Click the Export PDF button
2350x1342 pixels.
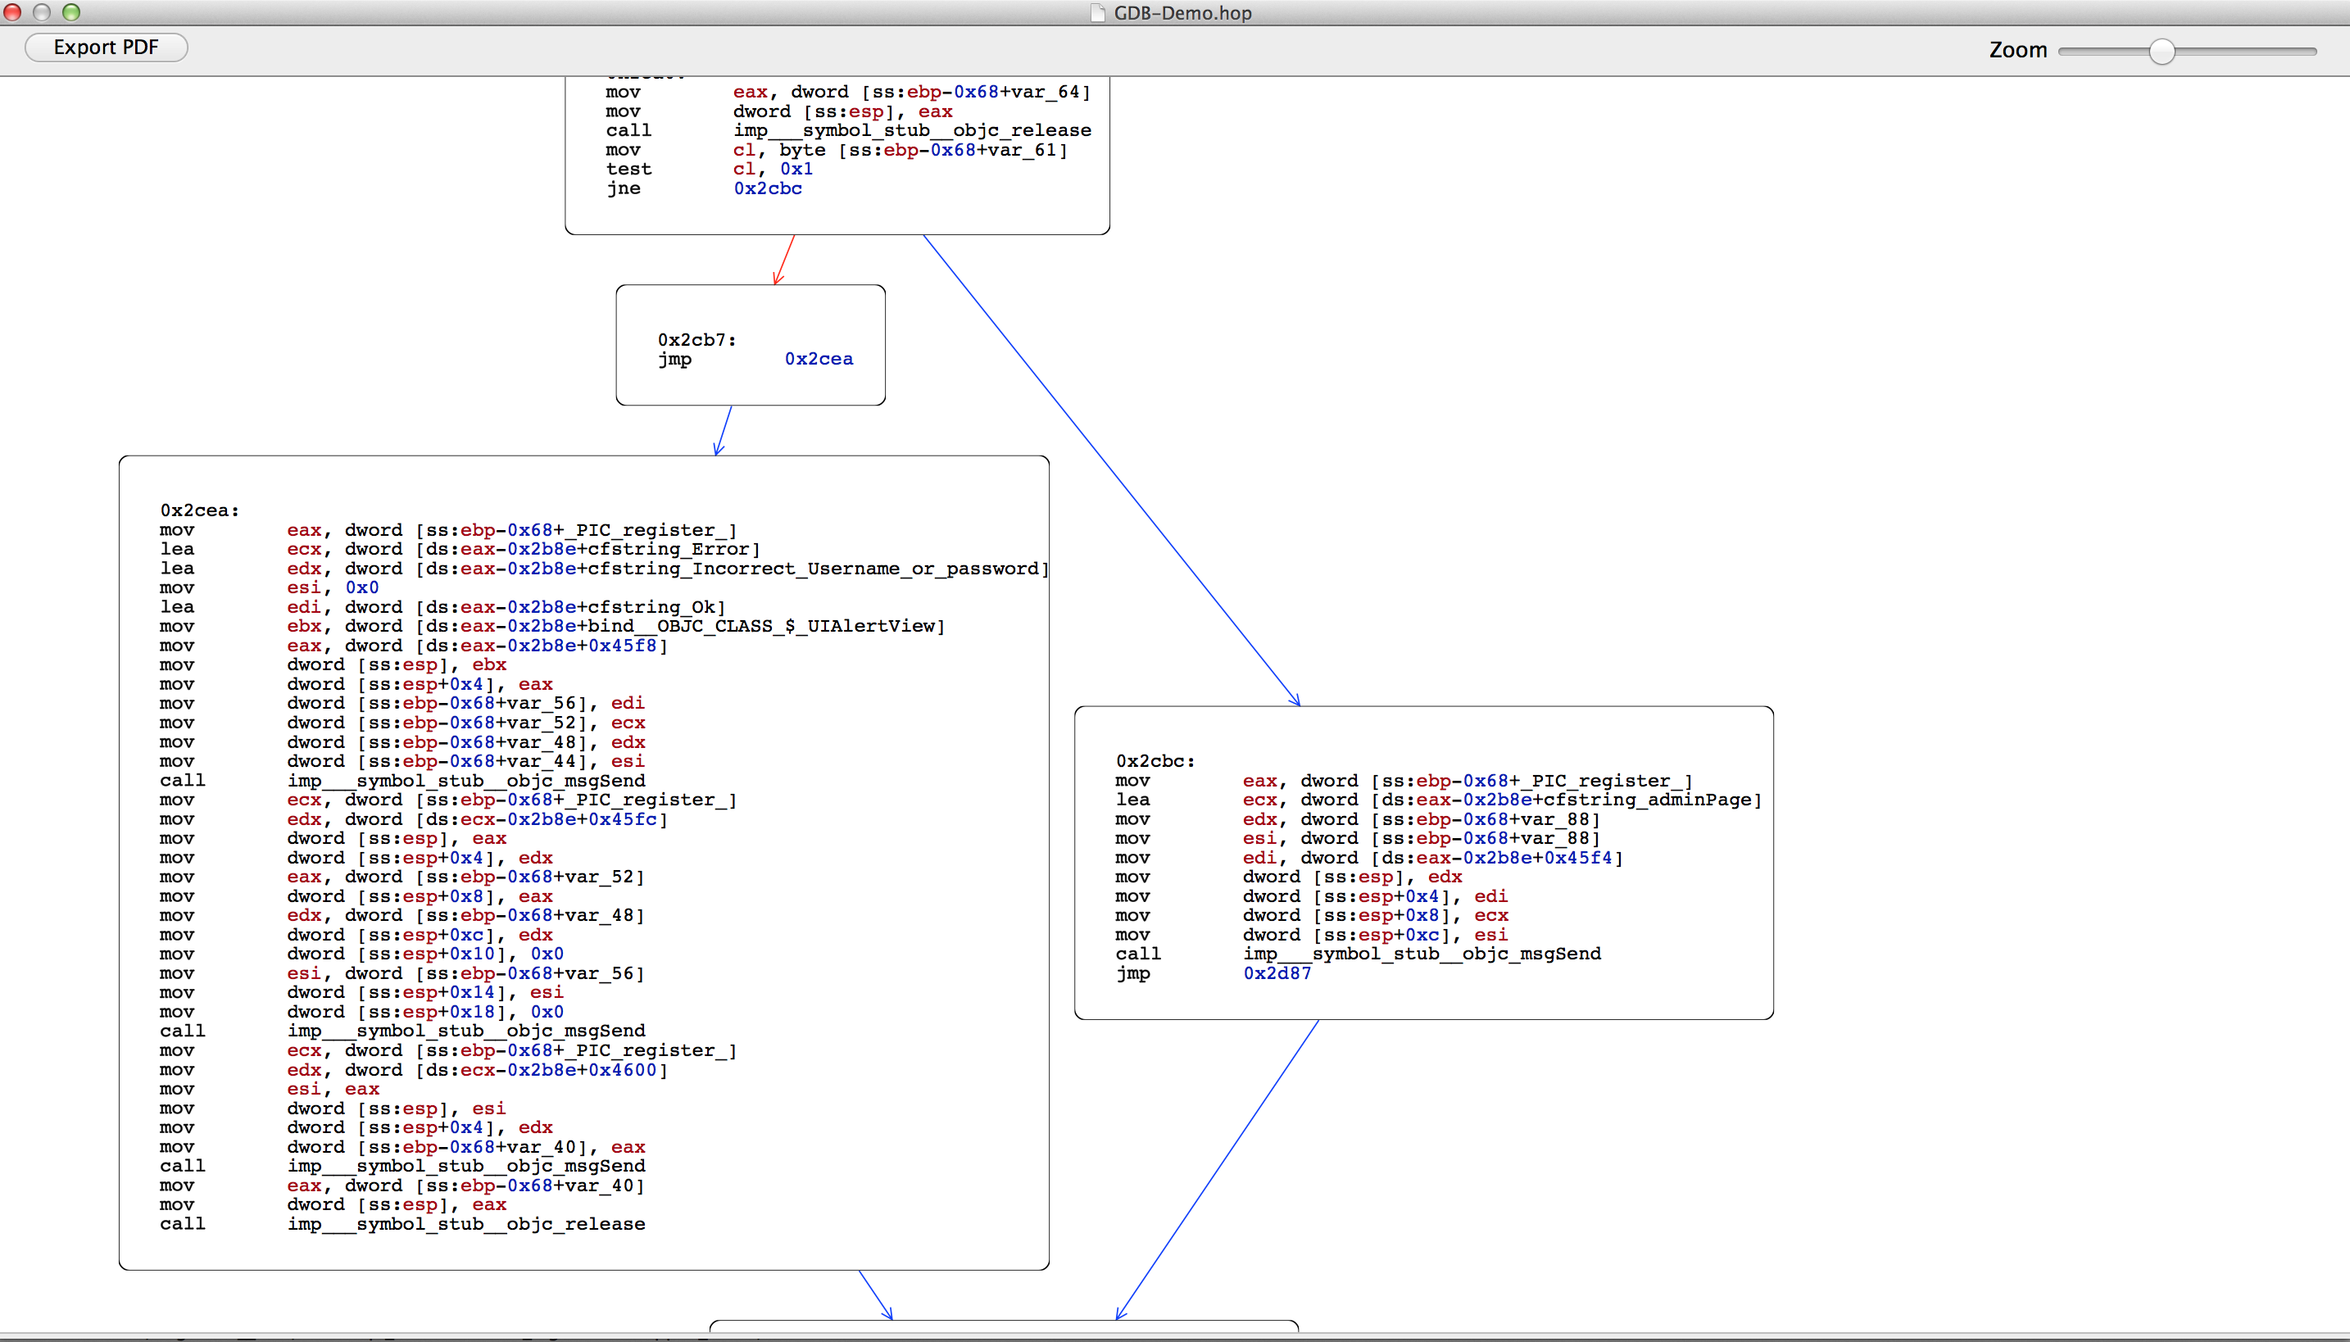pos(106,47)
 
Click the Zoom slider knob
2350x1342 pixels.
pos(2161,52)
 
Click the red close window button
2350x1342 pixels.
pos(12,12)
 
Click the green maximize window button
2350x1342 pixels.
pos(71,12)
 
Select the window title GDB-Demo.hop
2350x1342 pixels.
pos(1182,13)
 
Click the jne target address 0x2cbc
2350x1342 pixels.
pos(768,188)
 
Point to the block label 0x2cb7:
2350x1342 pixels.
pos(696,340)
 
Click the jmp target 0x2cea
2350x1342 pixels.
pos(819,359)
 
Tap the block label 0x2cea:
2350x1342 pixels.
pos(199,510)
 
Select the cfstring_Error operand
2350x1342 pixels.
pos(669,549)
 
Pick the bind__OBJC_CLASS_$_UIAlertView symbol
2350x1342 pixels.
pos(762,627)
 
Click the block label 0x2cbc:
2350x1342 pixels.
pos(1155,761)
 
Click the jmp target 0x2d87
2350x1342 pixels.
pos(1277,973)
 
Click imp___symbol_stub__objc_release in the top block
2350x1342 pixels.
pos(912,131)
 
